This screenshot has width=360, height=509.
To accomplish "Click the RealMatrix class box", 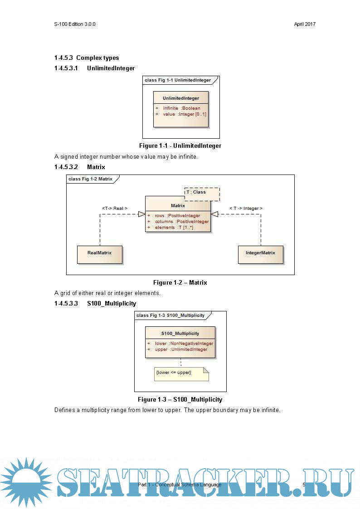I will point(99,253).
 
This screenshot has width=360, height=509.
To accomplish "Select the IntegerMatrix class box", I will point(260,253).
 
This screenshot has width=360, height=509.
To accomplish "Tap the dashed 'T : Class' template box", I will point(202,194).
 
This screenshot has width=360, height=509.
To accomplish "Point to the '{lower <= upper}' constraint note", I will point(181,373).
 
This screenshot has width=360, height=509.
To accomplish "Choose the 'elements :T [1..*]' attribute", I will point(174,228).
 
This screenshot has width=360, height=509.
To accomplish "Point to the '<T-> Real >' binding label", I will point(115,208).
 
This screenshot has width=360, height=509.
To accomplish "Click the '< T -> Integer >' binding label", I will point(246,208).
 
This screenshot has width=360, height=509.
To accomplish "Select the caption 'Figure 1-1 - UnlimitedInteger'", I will point(180,146).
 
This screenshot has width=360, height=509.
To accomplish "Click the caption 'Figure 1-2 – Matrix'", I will point(180,283).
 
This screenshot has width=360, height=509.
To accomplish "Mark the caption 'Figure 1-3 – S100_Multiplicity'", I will point(180,400).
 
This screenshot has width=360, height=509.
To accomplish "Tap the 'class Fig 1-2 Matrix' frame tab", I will point(91,179).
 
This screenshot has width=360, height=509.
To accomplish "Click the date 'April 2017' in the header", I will point(305,24).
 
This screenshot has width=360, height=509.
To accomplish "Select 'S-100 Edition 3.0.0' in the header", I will point(74,24).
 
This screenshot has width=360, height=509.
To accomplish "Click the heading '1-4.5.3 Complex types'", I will point(87,58).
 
